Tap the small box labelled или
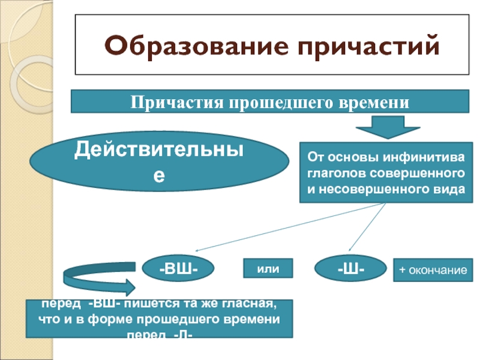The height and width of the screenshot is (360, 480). click(x=268, y=269)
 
